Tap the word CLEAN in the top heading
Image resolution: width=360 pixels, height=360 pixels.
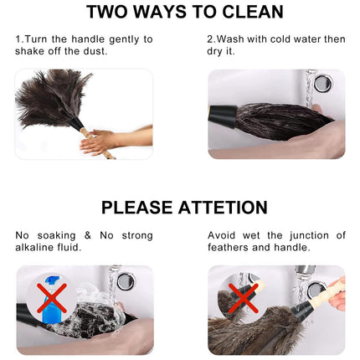pyautogui.click(x=250, y=13)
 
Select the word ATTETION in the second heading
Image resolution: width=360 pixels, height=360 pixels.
pyautogui.click(x=220, y=208)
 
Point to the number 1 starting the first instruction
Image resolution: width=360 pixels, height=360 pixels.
pyautogui.click(x=18, y=39)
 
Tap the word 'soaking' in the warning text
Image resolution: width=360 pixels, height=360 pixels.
pyautogui.click(x=64, y=235)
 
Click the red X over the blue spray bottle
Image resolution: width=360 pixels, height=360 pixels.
pyautogui.click(x=52, y=297)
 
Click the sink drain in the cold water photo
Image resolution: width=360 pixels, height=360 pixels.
pyautogui.click(x=321, y=83)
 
